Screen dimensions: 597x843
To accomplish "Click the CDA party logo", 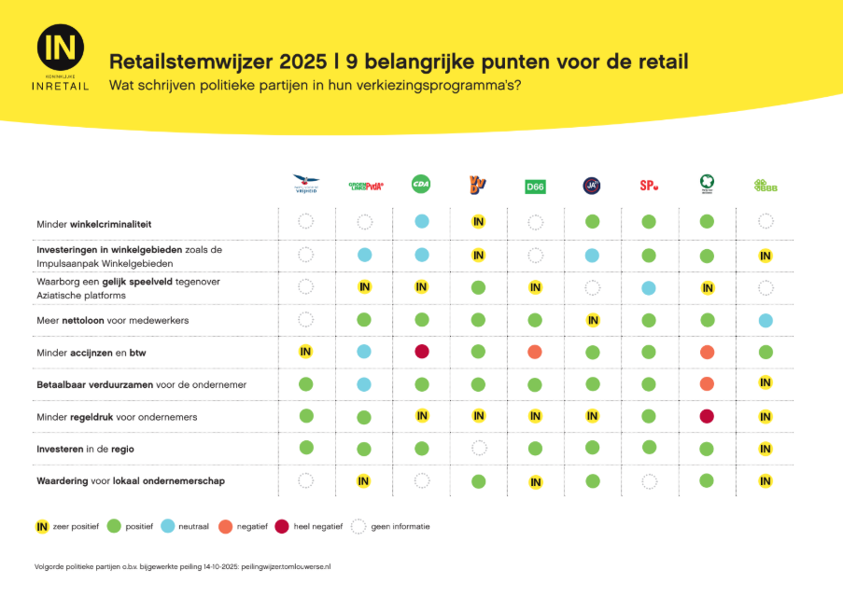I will [421, 185].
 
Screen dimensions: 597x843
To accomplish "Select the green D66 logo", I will [535, 187].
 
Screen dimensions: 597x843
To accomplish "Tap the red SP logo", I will [649, 186].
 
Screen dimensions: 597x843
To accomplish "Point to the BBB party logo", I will [766, 186].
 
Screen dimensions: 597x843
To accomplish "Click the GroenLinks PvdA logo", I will [365, 186].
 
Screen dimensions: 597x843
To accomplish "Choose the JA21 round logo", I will [591, 186].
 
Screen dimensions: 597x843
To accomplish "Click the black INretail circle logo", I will [61, 47].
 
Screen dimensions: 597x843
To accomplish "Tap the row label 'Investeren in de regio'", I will [85, 449].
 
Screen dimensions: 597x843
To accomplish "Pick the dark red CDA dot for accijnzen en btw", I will [422, 352].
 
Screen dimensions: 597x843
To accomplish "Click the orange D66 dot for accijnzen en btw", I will [535, 352].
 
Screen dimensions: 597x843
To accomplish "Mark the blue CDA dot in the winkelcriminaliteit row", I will [422, 222].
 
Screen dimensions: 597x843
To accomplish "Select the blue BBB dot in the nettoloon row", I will [766, 320].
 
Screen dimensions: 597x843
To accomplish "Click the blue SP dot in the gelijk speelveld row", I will [649, 288].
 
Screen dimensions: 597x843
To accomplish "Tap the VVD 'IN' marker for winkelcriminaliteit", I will [478, 222].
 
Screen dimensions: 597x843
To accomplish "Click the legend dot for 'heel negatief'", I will [281, 526].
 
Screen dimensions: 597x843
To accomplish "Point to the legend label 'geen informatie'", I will [401, 527].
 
